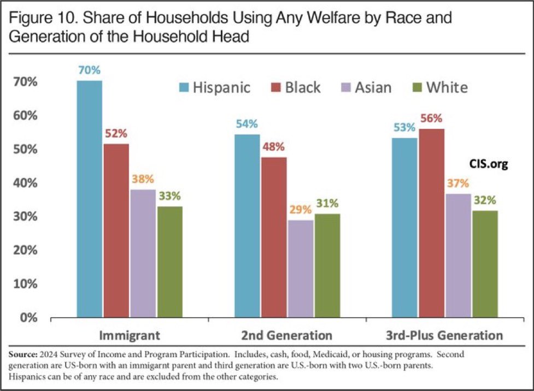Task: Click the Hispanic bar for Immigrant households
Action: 89,199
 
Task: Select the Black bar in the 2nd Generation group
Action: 273,238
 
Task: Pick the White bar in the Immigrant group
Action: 169,262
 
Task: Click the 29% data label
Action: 300,210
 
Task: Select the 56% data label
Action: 431,119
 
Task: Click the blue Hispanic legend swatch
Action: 185,88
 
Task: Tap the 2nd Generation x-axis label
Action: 287,335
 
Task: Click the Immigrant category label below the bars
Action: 130,335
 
